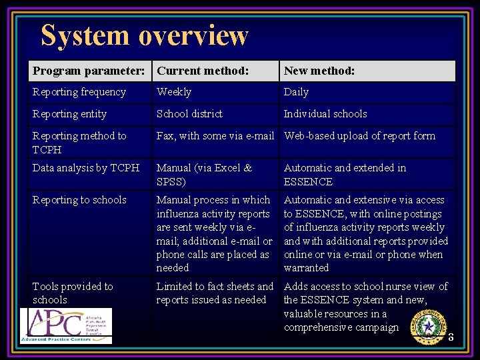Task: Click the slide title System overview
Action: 144,35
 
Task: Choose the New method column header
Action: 319,71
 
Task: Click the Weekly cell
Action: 174,92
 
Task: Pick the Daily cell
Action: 296,92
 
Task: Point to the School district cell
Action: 189,114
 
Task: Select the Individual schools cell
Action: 325,114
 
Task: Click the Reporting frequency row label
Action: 79,92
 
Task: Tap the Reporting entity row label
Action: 69,114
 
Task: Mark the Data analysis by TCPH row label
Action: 86,168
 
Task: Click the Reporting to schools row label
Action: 79,200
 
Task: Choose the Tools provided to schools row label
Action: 73,293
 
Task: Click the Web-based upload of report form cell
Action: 359,136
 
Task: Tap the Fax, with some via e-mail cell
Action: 215,136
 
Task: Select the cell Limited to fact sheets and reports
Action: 215,293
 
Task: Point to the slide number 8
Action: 451,337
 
